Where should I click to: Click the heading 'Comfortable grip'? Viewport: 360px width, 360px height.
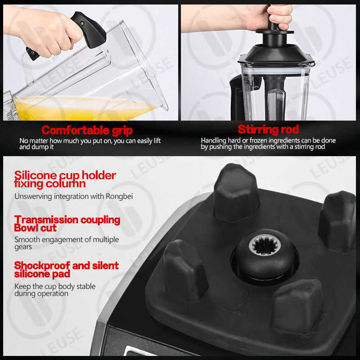click(x=87, y=130)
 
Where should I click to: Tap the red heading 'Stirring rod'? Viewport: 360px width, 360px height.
click(x=268, y=129)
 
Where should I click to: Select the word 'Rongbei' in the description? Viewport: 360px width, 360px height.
click(x=119, y=197)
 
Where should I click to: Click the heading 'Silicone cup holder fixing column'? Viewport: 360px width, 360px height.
click(x=65, y=180)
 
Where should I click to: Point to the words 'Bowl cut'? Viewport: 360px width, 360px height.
click(x=36, y=228)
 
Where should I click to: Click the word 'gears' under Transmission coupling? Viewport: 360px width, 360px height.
click(x=23, y=247)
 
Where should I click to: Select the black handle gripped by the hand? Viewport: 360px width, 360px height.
click(x=88, y=30)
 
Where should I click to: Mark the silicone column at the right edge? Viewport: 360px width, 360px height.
click(x=337, y=221)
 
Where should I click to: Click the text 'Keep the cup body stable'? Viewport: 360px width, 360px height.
click(x=55, y=286)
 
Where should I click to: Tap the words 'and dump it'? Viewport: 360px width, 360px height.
click(x=36, y=147)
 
